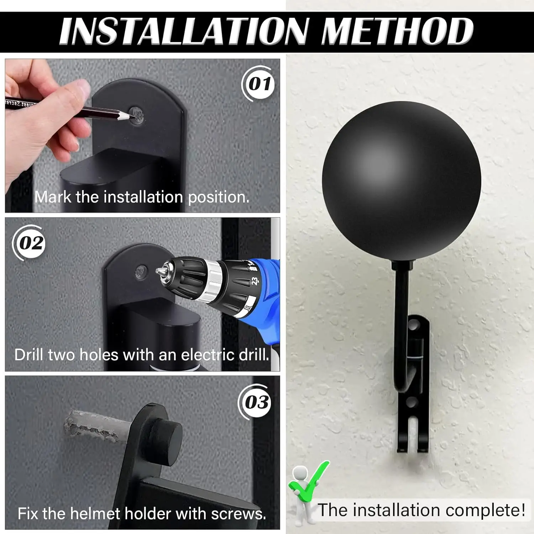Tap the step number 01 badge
point(259,84)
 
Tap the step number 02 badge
point(31,243)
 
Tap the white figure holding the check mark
point(300,488)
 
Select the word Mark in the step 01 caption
point(53,197)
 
